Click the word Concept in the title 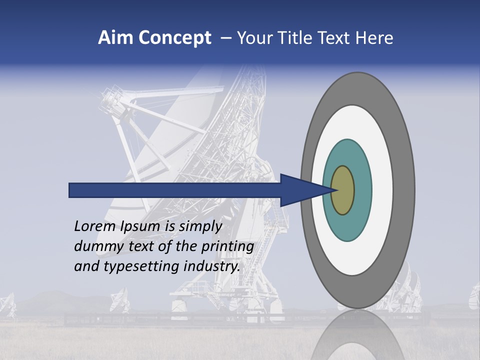(x=175, y=38)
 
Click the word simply (x=200, y=227)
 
